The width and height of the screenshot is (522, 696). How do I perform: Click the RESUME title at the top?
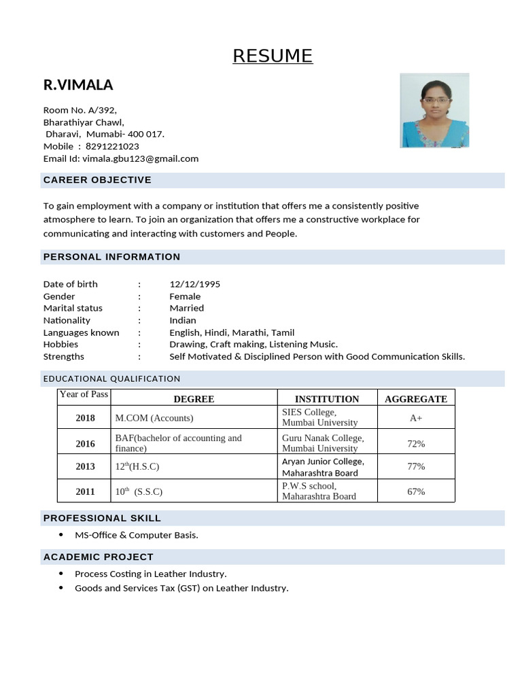tap(273, 56)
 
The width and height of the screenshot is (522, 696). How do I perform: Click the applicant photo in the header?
tap(434, 110)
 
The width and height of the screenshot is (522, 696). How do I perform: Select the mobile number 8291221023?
tap(111, 146)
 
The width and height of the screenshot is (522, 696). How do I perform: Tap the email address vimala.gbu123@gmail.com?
tap(141, 158)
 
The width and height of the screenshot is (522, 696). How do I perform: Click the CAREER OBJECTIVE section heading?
tap(97, 180)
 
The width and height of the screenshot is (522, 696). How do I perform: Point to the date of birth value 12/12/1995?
tap(194, 284)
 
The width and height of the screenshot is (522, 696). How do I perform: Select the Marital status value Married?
tap(186, 308)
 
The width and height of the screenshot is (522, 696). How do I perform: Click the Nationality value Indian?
tap(182, 320)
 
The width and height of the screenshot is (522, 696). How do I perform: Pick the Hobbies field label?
tap(60, 344)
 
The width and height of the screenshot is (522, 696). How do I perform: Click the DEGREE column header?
tap(194, 399)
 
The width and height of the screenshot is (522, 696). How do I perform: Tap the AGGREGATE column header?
tap(416, 399)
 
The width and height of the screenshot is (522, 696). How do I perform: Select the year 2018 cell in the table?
tap(86, 418)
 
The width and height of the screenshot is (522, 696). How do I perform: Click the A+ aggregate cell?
tap(416, 418)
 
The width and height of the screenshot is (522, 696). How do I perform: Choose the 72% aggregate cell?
tap(416, 443)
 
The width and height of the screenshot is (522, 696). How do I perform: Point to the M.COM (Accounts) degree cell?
tap(154, 418)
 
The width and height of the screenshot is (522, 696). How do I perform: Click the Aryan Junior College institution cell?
tap(323, 467)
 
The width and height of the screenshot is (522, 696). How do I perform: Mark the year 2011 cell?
tap(86, 491)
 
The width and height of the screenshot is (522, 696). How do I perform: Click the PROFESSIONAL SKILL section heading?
tap(102, 518)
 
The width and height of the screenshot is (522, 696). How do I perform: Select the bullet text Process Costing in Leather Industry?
tap(150, 574)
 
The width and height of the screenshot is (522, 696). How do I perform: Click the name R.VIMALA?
tap(78, 85)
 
